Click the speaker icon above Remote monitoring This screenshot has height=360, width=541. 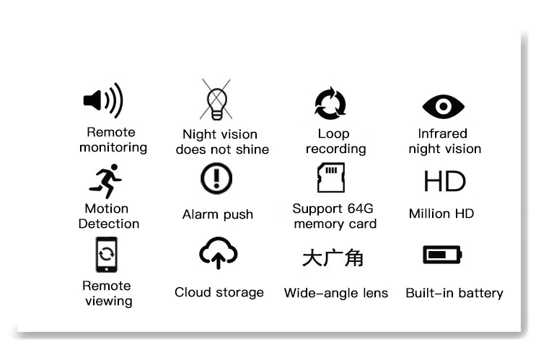(103, 101)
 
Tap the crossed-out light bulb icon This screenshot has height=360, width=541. (215, 100)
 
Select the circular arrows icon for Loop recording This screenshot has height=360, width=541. (331, 104)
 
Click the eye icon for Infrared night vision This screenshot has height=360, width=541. (444, 107)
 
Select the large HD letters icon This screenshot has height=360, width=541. (444, 181)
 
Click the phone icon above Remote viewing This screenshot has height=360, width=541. (106, 255)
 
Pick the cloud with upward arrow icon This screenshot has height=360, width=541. (218, 253)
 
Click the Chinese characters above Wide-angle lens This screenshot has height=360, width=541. (333, 258)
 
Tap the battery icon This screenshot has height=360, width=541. (441, 255)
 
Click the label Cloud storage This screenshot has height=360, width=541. (219, 292)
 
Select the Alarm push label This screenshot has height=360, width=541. (218, 214)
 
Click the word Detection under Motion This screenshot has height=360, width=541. (109, 224)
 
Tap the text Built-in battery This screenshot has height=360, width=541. (454, 293)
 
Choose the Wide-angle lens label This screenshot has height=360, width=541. (336, 293)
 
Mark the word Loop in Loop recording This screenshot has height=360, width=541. (333, 133)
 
